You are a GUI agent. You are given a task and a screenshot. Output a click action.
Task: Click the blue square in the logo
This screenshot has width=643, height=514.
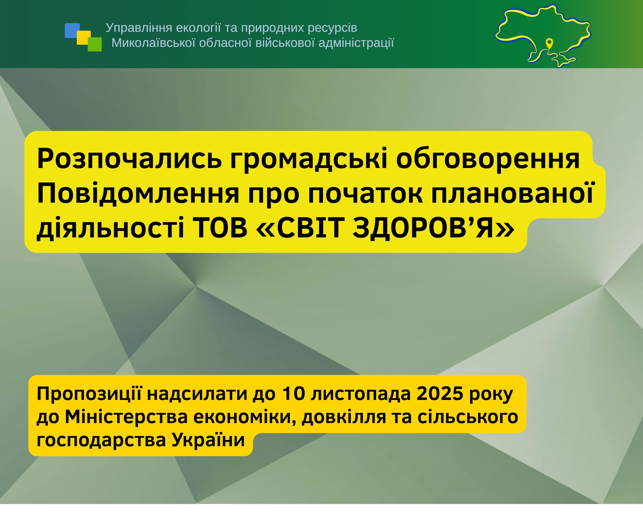click(72, 31)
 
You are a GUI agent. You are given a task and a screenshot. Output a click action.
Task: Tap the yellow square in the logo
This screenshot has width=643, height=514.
click(84, 38)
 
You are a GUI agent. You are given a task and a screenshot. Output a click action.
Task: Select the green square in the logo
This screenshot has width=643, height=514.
click(95, 44)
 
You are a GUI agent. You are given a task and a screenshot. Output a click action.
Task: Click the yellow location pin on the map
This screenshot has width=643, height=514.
click(549, 43)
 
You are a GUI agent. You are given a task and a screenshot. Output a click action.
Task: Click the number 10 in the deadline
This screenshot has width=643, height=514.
click(293, 394)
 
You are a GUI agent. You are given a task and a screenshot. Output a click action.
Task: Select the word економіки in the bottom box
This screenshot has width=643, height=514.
click(245, 417)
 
